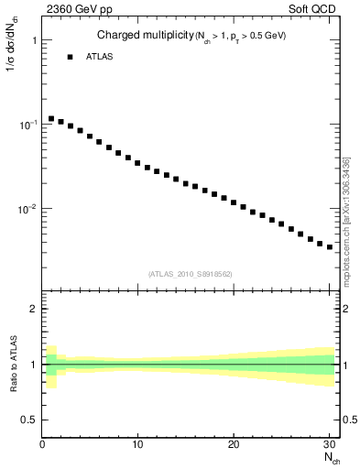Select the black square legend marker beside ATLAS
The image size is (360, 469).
pos(69,56)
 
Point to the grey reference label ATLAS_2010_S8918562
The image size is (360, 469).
pos(190,273)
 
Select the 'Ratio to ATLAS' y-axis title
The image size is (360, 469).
pos(13,365)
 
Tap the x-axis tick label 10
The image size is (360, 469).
pos(137,445)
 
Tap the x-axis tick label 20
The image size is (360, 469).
pos(234,445)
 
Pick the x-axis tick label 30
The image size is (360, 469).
pos(329,445)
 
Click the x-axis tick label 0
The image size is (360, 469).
pos(42,445)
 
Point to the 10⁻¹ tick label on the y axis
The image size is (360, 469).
pos(29,124)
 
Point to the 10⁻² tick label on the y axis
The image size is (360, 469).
pos(29,209)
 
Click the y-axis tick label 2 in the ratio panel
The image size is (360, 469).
pos(34,309)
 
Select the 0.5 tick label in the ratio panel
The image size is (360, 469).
pos(30,420)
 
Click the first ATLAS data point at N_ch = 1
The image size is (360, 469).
pos(51,118)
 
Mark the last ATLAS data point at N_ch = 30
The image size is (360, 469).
pos(330,247)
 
